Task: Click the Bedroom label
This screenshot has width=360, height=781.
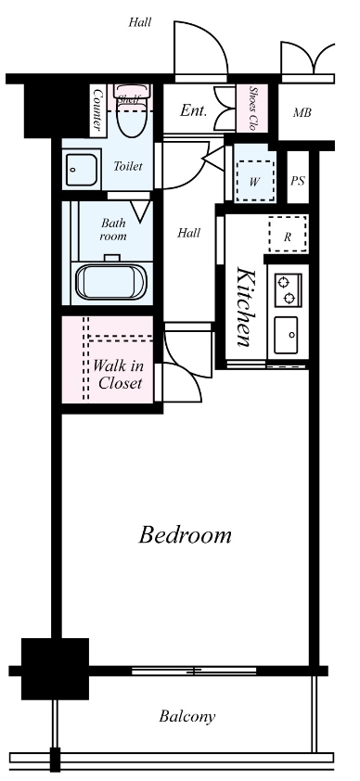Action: click(x=185, y=535)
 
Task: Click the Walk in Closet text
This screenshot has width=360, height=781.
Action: click(x=118, y=373)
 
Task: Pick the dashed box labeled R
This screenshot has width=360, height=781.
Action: click(x=288, y=236)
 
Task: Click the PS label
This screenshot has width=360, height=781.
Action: click(x=297, y=181)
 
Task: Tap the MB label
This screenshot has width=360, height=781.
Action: click(x=302, y=113)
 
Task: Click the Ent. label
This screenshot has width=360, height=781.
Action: click(x=193, y=111)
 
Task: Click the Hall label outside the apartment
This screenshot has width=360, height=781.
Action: click(x=139, y=21)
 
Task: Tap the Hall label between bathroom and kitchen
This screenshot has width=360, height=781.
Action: click(x=188, y=233)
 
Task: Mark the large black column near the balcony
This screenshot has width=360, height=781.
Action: click(x=55, y=668)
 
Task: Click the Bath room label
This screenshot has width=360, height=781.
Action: click(x=112, y=229)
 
